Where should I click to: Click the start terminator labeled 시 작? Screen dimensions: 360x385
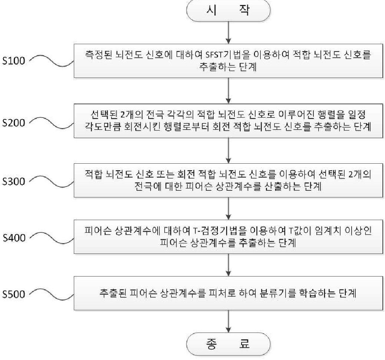click(x=228, y=12)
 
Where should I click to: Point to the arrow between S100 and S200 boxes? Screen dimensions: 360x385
click(x=228, y=90)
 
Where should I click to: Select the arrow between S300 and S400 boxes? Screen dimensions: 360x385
click(x=228, y=208)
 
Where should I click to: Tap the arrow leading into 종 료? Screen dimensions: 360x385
click(x=228, y=321)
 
